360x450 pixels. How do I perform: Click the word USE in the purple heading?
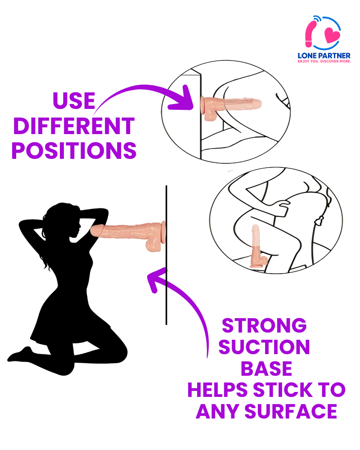(x=74, y=100)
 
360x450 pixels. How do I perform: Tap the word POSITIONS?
(x=74, y=151)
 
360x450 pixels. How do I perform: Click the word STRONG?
(x=264, y=325)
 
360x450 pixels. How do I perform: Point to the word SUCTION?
(x=264, y=347)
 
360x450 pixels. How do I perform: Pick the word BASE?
(x=266, y=369)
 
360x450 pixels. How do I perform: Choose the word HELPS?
(x=217, y=390)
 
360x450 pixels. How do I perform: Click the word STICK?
(x=283, y=390)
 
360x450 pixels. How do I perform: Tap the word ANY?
(x=217, y=411)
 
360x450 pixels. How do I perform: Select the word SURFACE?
(x=291, y=411)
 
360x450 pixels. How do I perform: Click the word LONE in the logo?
(x=306, y=56)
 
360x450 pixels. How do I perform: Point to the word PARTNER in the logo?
(x=333, y=56)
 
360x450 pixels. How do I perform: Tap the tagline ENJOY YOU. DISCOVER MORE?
(x=324, y=61)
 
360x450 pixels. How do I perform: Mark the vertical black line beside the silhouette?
(x=166, y=255)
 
